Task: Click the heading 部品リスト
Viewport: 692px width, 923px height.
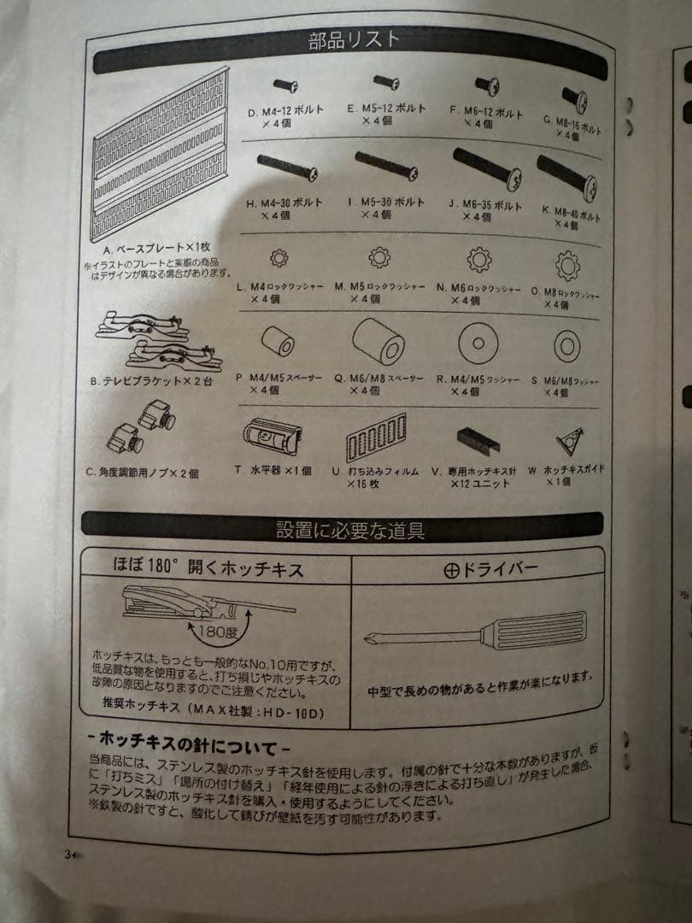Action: pyautogui.click(x=355, y=40)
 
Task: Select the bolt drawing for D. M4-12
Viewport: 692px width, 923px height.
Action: pyautogui.click(x=285, y=85)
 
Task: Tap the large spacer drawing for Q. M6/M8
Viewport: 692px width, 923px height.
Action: pyautogui.click(x=378, y=341)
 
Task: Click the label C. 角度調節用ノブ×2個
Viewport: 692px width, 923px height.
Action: pyautogui.click(x=142, y=472)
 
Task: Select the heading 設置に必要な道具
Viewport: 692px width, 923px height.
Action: pyautogui.click(x=349, y=529)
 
